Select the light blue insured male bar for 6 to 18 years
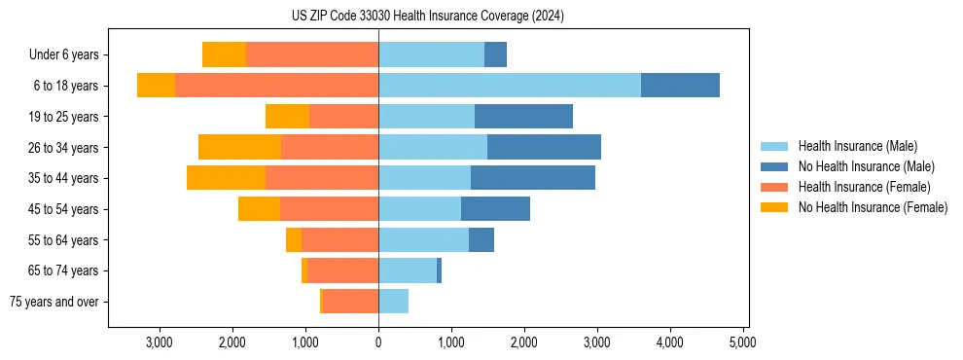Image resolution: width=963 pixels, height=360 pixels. click(509, 86)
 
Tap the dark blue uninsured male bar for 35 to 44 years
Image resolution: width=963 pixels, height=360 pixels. click(532, 178)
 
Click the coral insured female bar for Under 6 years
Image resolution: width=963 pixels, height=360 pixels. click(311, 54)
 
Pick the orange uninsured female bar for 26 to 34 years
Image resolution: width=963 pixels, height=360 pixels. click(239, 147)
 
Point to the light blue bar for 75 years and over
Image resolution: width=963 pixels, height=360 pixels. click(393, 302)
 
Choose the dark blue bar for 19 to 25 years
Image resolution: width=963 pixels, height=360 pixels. click(523, 117)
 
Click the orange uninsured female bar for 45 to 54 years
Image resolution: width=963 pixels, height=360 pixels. click(259, 209)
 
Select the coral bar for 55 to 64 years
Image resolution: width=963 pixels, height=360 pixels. click(339, 240)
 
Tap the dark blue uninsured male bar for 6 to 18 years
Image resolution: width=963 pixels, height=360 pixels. click(680, 86)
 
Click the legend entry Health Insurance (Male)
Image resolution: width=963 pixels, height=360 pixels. click(857, 146)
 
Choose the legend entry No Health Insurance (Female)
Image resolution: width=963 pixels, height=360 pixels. click(872, 207)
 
